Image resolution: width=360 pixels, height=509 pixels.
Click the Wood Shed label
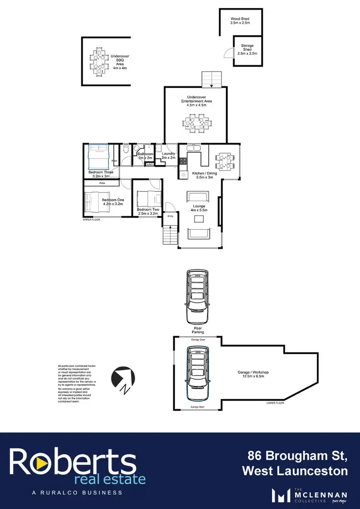pyautogui.click(x=240, y=21)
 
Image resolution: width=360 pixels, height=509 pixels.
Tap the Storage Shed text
pyautogui.click(x=247, y=49)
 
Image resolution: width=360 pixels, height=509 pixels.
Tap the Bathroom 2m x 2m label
pyautogui.click(x=145, y=156)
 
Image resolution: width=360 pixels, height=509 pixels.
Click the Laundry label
pyautogui.click(x=168, y=156)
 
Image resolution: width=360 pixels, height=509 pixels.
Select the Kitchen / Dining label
pyautogui.click(x=204, y=175)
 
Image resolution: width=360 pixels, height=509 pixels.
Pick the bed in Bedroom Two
pyautogui.click(x=149, y=198)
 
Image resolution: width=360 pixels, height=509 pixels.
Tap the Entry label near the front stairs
pyautogui.click(x=170, y=216)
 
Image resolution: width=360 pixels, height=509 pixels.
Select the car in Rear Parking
pyautogui.click(x=198, y=297)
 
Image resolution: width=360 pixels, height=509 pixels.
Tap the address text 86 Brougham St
pyautogui.click(x=298, y=455)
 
